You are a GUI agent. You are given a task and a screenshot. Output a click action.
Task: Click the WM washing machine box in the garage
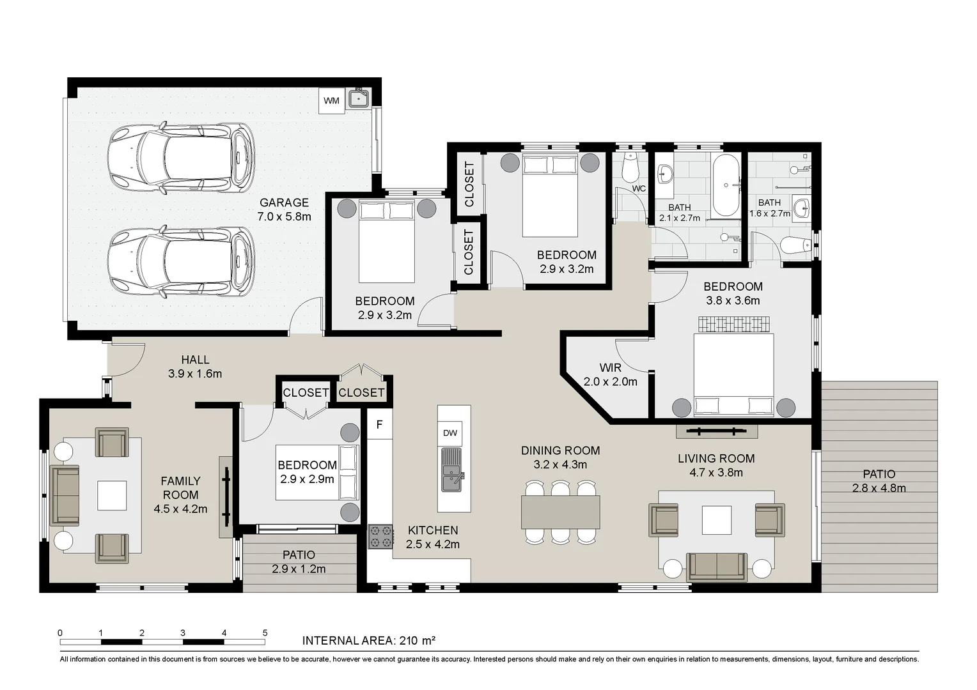(331, 101)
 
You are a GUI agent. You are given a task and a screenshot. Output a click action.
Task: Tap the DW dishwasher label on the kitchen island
(450, 433)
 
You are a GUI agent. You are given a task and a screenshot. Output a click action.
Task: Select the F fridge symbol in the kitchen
(379, 425)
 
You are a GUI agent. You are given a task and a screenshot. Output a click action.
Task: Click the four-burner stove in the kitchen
(380, 537)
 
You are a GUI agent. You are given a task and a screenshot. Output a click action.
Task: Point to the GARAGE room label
(284, 203)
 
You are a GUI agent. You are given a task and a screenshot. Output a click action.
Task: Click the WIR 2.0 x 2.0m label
(610, 375)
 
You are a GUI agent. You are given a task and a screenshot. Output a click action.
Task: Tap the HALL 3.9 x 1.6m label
(195, 367)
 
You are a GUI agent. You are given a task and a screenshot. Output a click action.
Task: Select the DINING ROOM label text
(561, 450)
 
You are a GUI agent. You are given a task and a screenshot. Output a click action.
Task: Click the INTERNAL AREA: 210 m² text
(369, 641)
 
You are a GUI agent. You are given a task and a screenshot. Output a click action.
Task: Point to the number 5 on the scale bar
(265, 633)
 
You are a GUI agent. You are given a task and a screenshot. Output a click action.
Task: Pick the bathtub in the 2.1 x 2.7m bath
(726, 185)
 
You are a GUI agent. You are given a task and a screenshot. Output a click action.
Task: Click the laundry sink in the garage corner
(359, 98)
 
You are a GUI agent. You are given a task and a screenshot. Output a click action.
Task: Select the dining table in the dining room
(561, 512)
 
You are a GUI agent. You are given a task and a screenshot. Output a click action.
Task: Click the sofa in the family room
(65, 496)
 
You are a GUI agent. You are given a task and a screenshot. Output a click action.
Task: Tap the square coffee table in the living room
(717, 520)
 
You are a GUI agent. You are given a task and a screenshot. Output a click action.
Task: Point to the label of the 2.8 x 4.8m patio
(879, 481)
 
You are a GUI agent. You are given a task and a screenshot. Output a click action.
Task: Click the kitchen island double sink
(452, 470)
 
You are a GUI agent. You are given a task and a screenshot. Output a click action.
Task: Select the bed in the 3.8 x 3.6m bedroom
(733, 374)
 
